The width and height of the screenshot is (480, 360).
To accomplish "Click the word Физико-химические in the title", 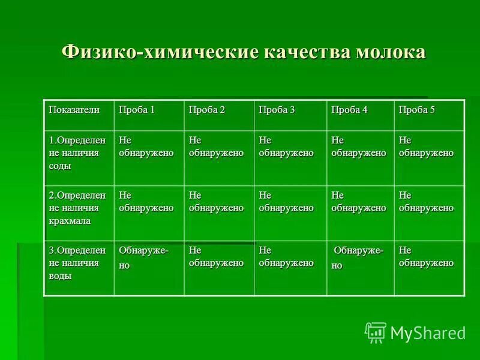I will [x=157, y=52].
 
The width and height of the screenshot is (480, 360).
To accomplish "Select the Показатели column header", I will [x=74, y=110].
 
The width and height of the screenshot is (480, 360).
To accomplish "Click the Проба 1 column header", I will [x=137, y=110].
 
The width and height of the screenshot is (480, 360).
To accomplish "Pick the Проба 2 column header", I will [x=207, y=110].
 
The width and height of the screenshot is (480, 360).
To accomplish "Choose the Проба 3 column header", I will [x=277, y=110].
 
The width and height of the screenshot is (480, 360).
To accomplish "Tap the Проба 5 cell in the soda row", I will [x=426, y=146].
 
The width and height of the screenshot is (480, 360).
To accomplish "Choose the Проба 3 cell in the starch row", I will [x=286, y=202].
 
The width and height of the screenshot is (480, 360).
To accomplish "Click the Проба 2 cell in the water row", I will [x=216, y=256].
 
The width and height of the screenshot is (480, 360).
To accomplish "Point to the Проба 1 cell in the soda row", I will [x=146, y=146].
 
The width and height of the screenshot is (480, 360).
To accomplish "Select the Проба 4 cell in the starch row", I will [x=358, y=202].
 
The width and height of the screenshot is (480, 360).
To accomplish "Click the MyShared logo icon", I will [x=376, y=332].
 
